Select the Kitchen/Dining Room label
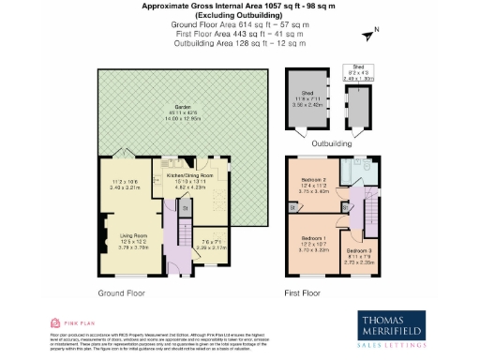click(x=190, y=175)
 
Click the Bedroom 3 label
click(x=359, y=251)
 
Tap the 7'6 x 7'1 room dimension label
click(x=216, y=246)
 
